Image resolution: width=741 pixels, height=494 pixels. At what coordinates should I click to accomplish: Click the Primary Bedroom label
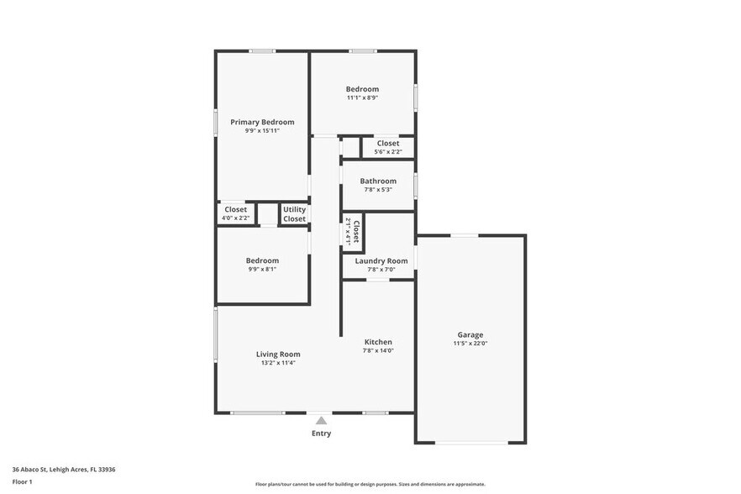(x=262, y=122)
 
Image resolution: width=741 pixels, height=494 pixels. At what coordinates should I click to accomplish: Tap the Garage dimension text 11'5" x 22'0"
(x=470, y=344)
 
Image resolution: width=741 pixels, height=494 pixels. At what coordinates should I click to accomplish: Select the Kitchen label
(x=378, y=342)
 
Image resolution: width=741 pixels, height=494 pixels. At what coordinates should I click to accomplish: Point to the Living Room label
(x=278, y=355)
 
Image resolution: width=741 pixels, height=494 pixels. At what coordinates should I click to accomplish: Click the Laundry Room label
(x=381, y=261)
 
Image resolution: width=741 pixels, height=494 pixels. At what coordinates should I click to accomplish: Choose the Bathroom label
(x=378, y=181)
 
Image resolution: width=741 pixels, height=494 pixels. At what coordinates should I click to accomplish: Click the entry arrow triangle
(x=321, y=420)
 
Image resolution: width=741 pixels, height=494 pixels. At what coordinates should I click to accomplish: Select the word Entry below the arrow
(x=321, y=434)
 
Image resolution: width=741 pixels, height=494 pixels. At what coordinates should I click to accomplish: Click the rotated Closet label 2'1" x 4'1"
(x=356, y=232)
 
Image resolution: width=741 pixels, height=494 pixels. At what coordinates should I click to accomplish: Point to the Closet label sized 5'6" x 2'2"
(x=388, y=144)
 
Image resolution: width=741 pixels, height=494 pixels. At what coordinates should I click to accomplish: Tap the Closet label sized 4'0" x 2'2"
(x=235, y=209)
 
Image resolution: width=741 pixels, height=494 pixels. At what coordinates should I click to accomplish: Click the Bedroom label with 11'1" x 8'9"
(x=362, y=89)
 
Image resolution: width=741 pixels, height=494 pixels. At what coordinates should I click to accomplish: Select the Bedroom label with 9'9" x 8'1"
(x=262, y=260)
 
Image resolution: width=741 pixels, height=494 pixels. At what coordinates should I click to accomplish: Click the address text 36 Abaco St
(x=63, y=470)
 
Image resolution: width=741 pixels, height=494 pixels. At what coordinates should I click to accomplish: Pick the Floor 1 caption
(x=22, y=481)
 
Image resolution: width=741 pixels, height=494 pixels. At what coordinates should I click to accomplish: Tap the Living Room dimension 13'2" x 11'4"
(x=278, y=364)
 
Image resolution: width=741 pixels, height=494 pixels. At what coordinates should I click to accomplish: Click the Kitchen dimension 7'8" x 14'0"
(x=378, y=350)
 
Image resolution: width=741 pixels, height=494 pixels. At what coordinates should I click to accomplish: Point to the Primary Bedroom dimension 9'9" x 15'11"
(x=262, y=131)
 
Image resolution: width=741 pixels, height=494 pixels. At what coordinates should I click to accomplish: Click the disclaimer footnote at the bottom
(x=370, y=484)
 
